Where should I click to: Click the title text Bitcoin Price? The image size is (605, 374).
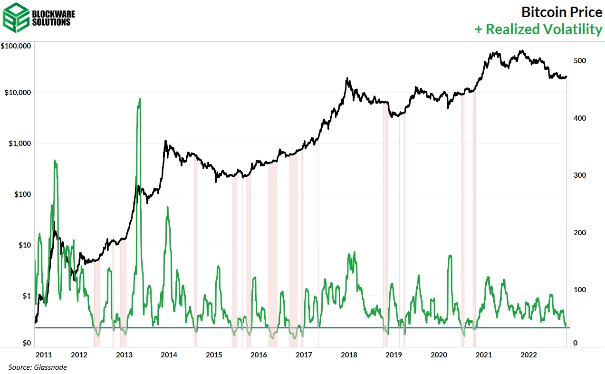coord(561,11)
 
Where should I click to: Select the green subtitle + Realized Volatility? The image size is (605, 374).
coord(538,29)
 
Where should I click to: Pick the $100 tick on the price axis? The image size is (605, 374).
coord(22,194)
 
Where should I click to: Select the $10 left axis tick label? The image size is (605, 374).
coord(24,245)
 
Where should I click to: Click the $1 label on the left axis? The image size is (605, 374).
coord(26,296)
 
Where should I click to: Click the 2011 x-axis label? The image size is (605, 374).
coord(43,355)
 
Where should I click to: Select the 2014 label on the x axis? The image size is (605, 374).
coord(169,355)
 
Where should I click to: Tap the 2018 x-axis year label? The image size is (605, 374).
coord(349,355)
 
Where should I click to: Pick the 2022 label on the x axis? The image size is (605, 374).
coord(529,355)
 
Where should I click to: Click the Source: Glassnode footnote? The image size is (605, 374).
coord(38,367)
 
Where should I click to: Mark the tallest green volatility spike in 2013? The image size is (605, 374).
coord(140,99)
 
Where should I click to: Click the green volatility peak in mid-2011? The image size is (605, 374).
coord(55,161)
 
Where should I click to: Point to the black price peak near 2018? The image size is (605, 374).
coord(347,78)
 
